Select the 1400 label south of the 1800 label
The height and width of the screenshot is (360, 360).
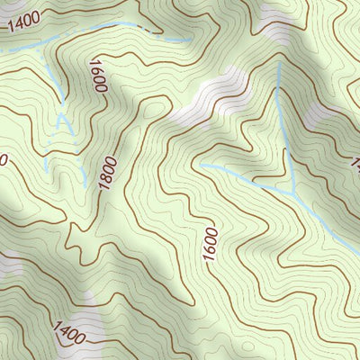69,333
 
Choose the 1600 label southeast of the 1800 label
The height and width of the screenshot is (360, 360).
211,245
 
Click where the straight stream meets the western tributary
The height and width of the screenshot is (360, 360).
295,193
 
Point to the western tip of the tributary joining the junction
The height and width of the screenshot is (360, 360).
199,165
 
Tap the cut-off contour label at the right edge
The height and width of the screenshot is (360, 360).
355,164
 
